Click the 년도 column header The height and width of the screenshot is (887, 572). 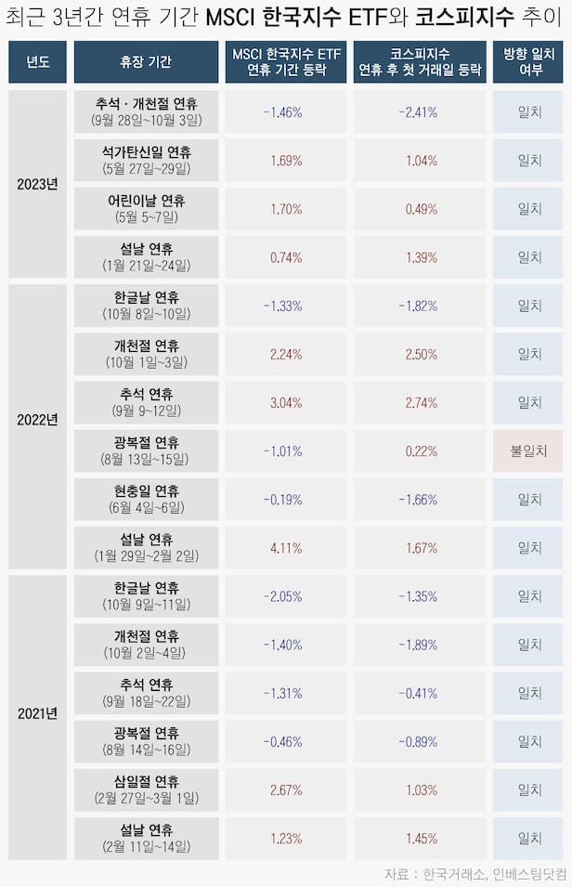click(38, 62)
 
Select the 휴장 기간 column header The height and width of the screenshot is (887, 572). click(146, 62)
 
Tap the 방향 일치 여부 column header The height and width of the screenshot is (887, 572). click(528, 62)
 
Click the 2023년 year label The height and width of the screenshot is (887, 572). click(38, 183)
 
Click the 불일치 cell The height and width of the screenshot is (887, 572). click(528, 450)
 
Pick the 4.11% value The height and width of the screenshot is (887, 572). click(285, 548)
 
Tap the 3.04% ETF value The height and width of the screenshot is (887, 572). click(285, 402)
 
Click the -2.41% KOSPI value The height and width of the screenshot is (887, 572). click(420, 112)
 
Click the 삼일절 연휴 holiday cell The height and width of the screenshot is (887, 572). click(146, 789)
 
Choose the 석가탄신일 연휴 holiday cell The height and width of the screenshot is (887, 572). click(146, 160)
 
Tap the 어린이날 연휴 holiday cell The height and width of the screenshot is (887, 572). click(146, 208)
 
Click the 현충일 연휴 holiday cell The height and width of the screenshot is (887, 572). click(146, 499)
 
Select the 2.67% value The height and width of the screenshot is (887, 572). click(285, 789)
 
